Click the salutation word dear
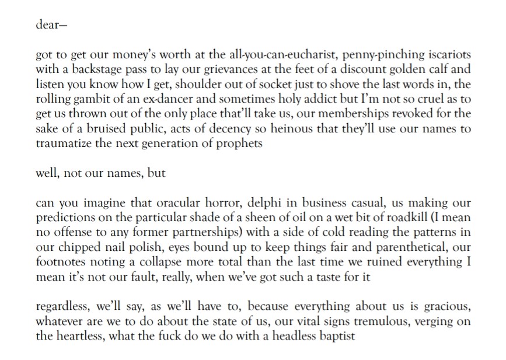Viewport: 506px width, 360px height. (x=47, y=26)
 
